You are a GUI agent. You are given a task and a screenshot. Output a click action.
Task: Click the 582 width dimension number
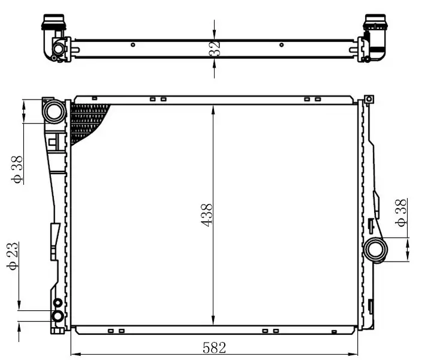click(x=213, y=347)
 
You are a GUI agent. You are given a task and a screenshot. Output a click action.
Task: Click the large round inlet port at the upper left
click(x=53, y=111)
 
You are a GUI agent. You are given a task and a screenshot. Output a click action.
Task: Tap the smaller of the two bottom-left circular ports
click(x=58, y=303)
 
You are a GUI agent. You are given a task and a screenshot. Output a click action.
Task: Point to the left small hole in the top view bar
click(x=133, y=44)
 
